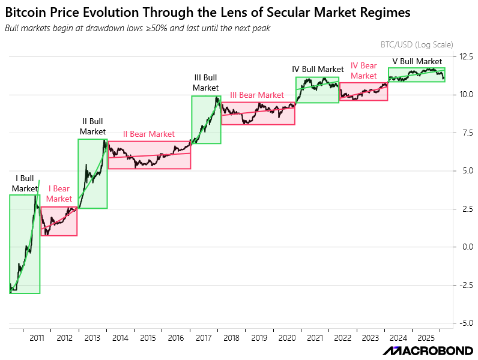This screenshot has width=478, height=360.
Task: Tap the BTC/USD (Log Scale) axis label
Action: tap(417, 44)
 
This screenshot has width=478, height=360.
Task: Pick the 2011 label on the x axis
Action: tap(37, 338)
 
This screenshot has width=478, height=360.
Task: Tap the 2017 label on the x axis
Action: tap(204, 338)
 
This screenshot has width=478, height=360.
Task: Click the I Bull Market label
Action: tap(25, 184)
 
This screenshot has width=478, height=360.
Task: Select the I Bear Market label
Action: tap(59, 194)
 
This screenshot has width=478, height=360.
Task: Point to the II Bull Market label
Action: tap(92, 127)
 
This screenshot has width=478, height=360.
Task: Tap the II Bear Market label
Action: tap(149, 134)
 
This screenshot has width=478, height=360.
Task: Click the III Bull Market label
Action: tap(206, 83)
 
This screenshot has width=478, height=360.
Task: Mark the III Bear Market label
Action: tap(257, 95)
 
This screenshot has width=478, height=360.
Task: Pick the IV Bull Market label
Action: tap(318, 70)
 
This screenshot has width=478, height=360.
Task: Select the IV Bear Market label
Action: tap(363, 70)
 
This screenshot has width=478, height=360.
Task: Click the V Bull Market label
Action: tap(417, 61)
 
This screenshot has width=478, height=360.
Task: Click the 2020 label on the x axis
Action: tap(287, 338)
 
